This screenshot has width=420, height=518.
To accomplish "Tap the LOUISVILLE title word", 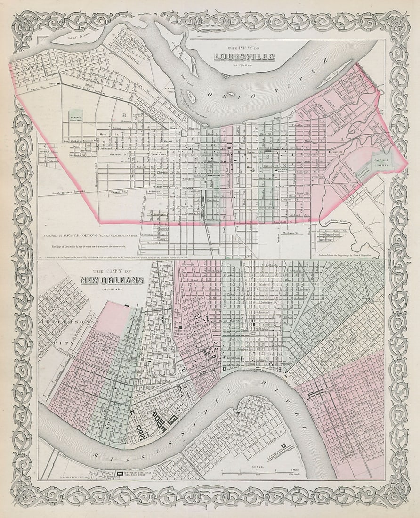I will point(244,57).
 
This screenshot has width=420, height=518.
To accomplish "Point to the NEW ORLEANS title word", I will point(111,281).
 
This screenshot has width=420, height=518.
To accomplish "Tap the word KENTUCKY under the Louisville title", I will point(244,65).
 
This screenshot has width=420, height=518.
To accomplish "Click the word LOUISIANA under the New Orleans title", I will point(112,288).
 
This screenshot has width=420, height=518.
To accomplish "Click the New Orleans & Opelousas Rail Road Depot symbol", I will point(121,473).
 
